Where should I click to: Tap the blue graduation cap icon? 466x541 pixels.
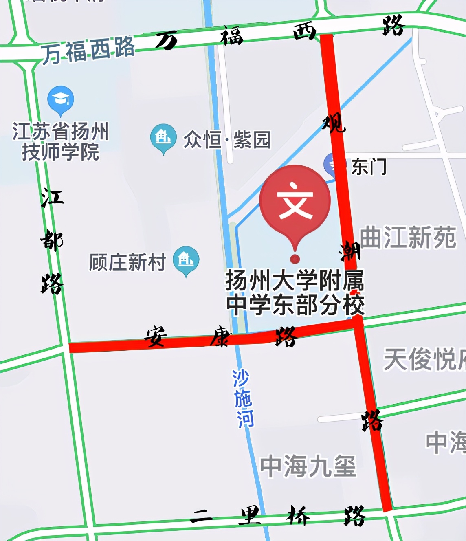61,99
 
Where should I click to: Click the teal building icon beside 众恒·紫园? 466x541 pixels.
163,137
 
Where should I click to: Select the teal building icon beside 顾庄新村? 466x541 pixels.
186,260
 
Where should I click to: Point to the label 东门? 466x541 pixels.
369,167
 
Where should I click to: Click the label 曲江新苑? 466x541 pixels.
408,238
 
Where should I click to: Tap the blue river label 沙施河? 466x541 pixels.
243,398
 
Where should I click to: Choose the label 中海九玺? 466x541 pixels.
308,466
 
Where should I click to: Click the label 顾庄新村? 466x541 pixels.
127,262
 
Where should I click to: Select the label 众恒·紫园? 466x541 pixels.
227,140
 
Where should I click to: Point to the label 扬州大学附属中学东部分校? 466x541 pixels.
295,292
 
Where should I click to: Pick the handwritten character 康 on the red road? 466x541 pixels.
220,336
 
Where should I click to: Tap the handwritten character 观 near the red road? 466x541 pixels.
334,123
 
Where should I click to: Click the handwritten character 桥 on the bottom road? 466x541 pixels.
298,515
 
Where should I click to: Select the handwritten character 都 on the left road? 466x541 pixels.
52,240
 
